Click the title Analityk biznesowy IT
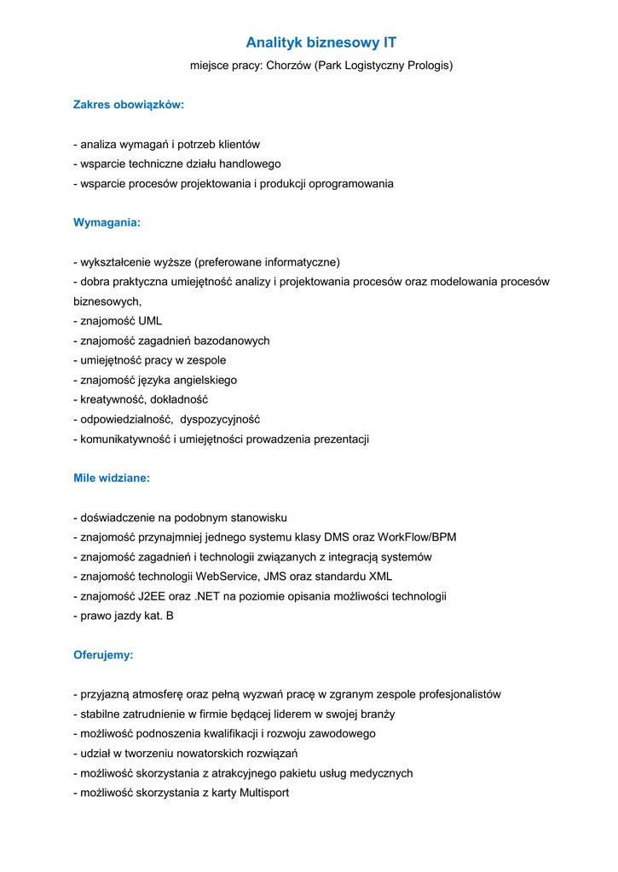321,42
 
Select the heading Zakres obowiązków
129,105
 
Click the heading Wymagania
107,222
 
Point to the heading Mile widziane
112,478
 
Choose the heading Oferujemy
103,656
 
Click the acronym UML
144,321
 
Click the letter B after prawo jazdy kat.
170,616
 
